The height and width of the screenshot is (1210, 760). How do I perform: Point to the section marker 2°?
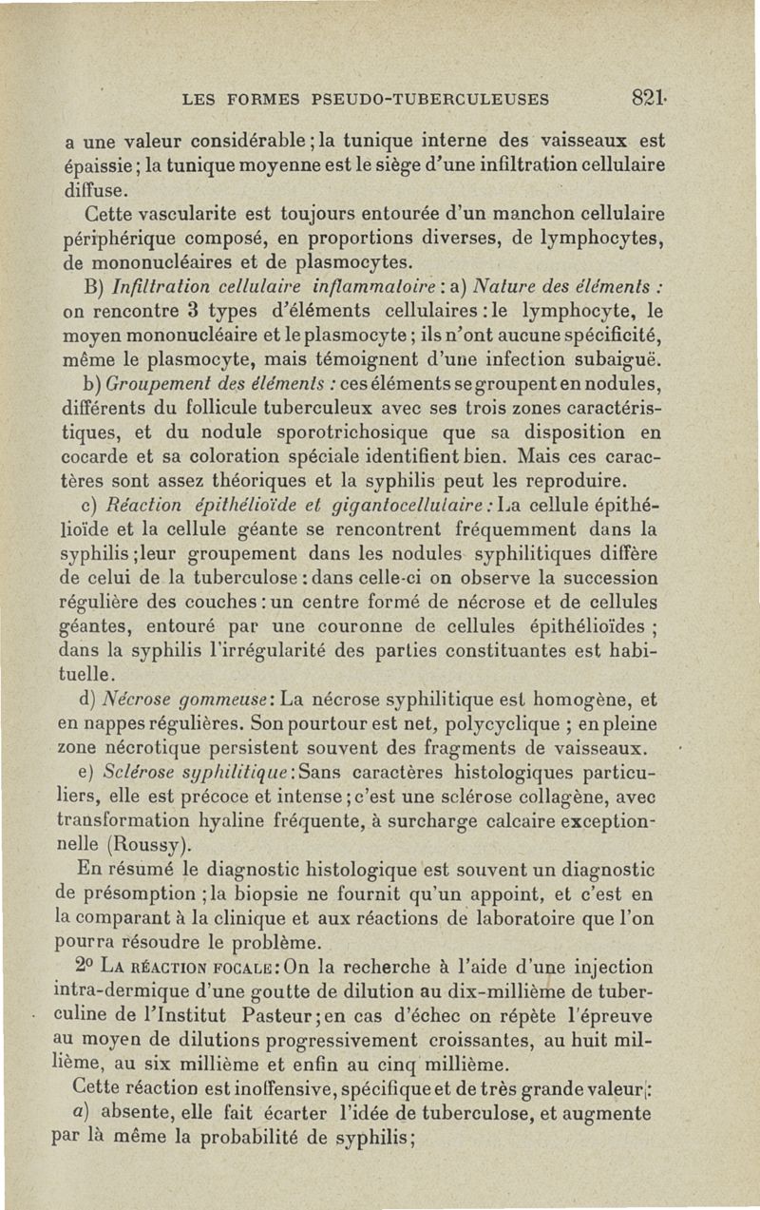[x=82, y=968]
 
